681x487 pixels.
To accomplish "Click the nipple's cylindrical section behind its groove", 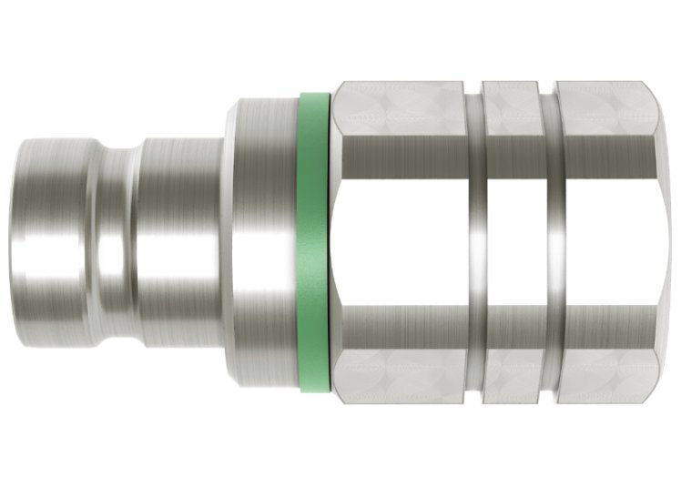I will click(178, 244).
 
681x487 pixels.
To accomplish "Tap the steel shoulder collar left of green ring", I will click(264, 244).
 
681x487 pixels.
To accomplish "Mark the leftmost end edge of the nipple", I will click(23, 244).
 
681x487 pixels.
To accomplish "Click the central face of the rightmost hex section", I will click(605, 244).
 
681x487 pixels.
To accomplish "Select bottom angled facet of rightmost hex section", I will click(605, 377).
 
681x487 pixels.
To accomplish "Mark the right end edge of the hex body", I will click(656, 244).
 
